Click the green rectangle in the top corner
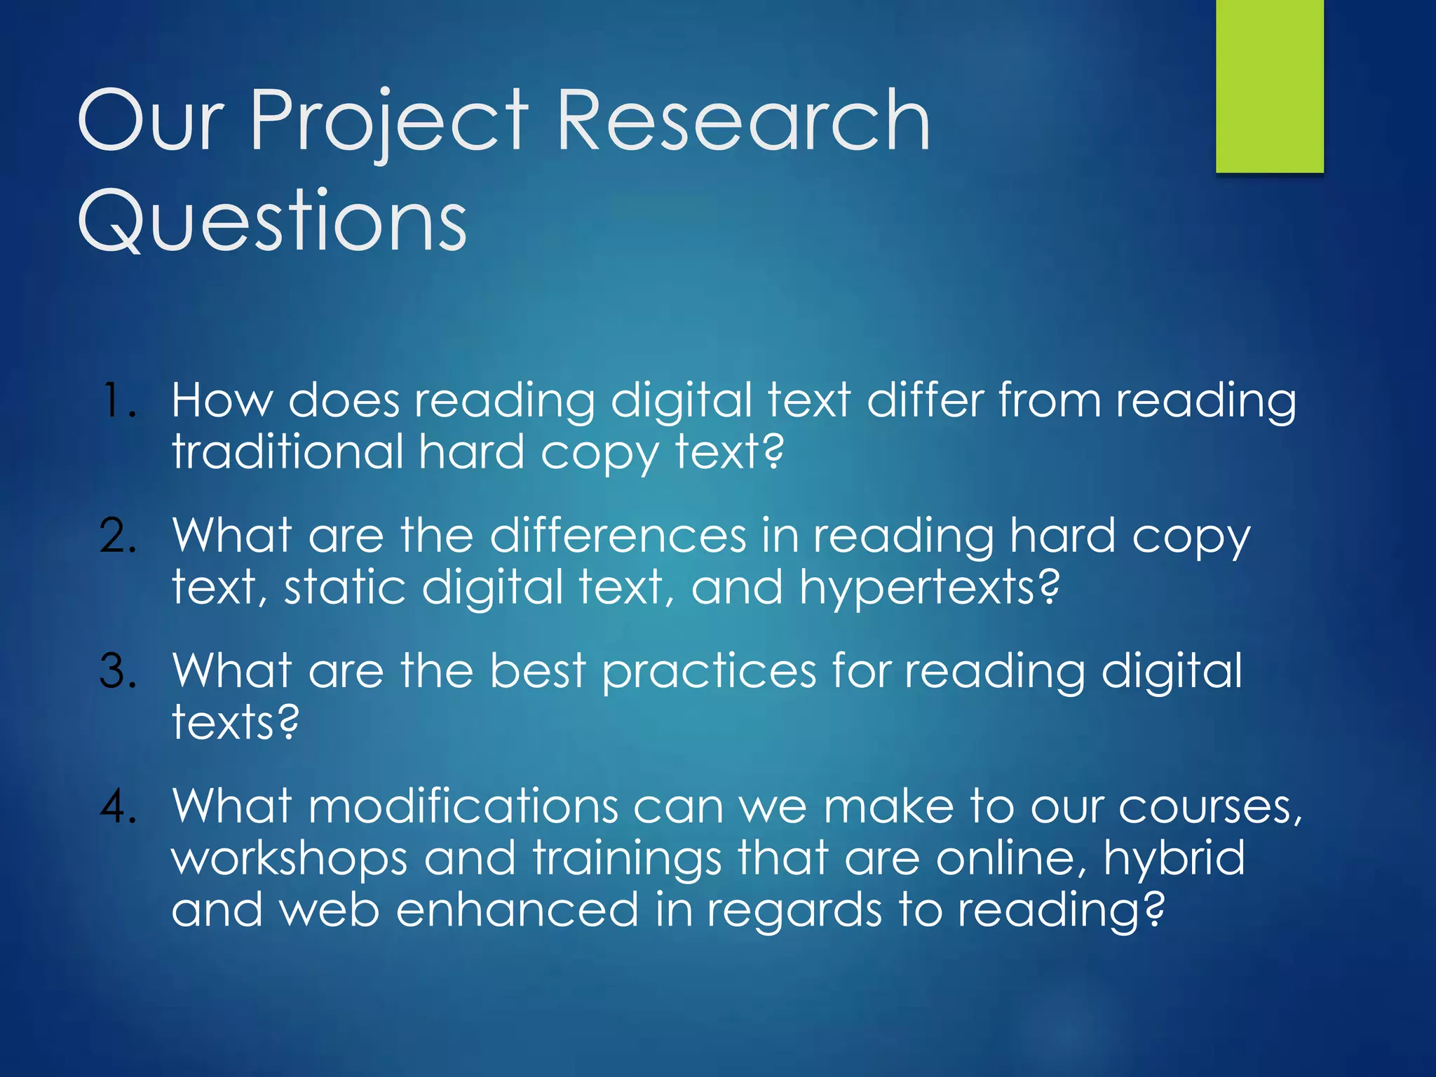pos(1269,86)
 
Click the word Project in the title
pos(390,123)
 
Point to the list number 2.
pos(118,536)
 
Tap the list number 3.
pos(118,672)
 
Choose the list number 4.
pos(118,806)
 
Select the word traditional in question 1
pos(287,452)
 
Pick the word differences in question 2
pos(618,536)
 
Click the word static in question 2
pos(344,588)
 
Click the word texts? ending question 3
pos(236,722)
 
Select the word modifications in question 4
pos(463,806)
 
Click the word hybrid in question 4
pos(1174,859)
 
